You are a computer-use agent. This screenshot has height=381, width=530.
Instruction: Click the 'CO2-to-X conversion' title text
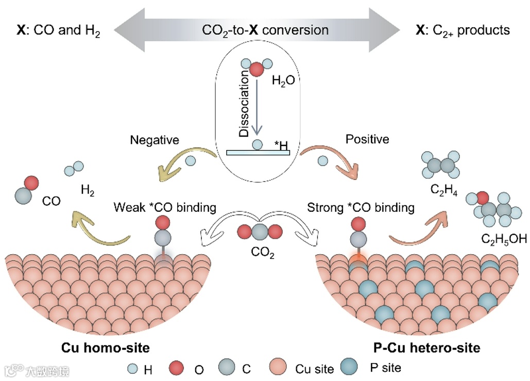pos(265,30)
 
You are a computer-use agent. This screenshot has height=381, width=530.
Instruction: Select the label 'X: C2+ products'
pos(462,30)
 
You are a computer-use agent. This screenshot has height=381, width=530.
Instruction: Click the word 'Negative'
pos(155,140)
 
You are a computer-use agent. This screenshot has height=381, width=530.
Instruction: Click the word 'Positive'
pos(367,139)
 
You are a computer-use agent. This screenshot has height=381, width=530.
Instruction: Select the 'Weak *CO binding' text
pos(164,208)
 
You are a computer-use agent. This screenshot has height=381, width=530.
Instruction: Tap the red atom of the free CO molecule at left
pos(31,183)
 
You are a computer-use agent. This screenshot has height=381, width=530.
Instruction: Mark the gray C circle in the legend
pos(227,368)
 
